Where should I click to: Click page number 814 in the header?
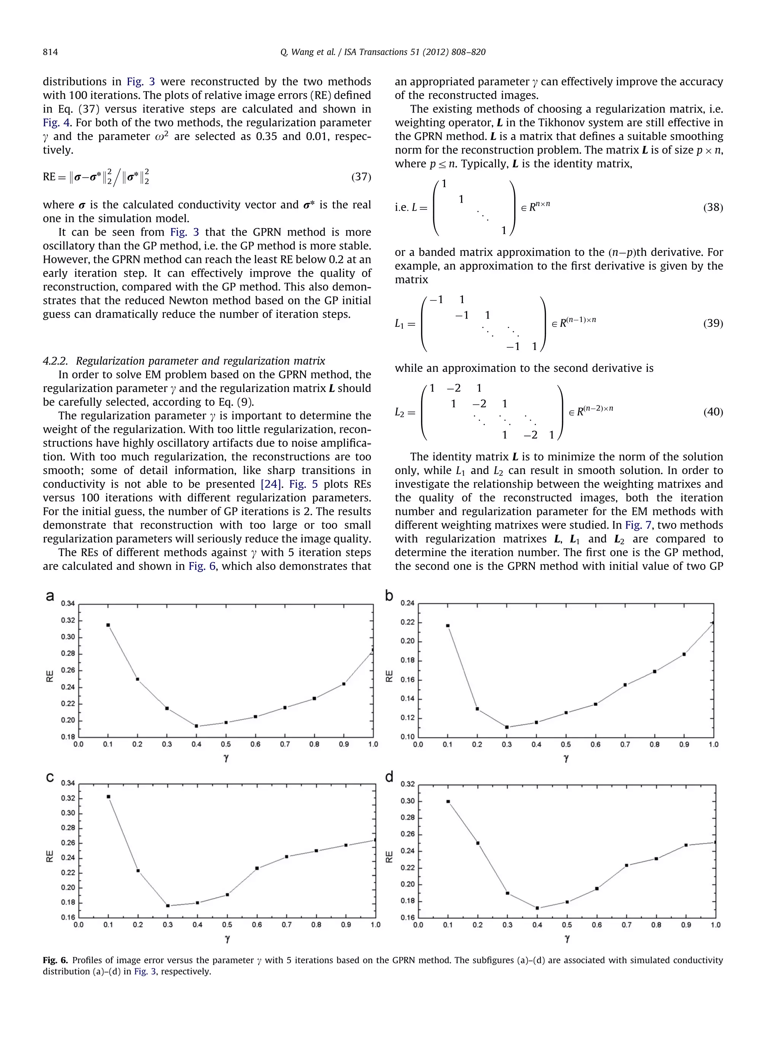[50, 52]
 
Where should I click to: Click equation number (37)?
[361, 177]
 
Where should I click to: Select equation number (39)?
[712, 323]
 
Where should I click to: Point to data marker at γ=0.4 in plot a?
[197, 726]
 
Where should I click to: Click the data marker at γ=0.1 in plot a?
[108, 625]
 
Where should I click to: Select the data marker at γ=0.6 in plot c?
[257, 868]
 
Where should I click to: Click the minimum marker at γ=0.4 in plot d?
[537, 908]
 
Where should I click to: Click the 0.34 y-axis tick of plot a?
[68, 604]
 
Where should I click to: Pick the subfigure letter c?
[50, 778]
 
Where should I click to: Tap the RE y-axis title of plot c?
[50, 856]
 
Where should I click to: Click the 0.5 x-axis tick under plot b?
[566, 745]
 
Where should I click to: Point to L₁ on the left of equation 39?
[400, 323]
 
